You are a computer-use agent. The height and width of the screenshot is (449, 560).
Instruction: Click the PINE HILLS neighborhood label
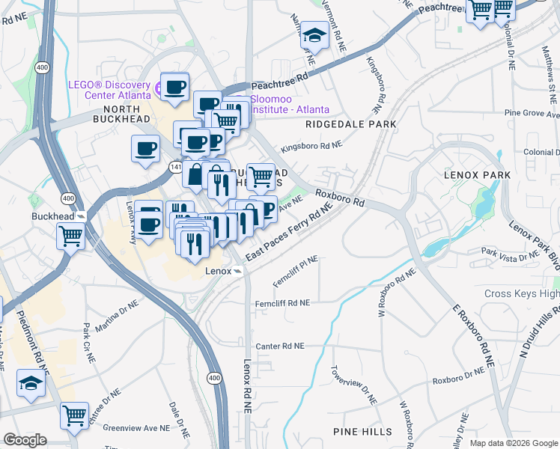(364, 432)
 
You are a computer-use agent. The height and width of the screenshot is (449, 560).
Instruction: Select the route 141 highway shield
(174, 166)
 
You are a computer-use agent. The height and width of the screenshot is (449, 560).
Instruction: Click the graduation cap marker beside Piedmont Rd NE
(31, 383)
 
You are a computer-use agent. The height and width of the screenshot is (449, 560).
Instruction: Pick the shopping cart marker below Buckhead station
(71, 236)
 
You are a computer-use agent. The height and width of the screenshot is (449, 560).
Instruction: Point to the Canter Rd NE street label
(280, 346)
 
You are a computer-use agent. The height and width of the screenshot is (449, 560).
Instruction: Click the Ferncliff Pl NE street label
(296, 266)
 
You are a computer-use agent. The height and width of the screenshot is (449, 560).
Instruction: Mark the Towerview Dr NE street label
(354, 385)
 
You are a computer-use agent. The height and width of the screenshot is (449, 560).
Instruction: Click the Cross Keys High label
(521, 293)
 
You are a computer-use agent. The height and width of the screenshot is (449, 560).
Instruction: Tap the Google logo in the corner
(25, 440)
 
